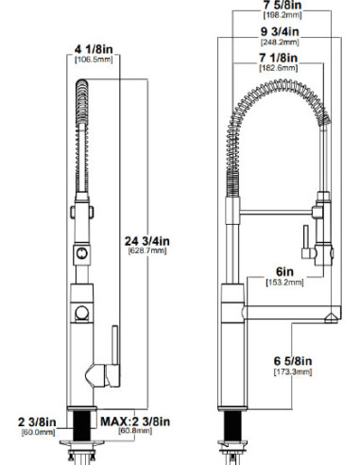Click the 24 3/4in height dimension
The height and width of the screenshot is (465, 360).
point(147,241)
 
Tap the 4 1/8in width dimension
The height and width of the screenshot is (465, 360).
point(94,49)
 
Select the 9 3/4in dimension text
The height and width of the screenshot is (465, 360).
point(280,31)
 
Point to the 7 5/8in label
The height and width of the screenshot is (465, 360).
point(283,5)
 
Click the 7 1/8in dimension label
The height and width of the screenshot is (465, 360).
point(279,58)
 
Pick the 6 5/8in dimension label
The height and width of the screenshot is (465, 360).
point(293,361)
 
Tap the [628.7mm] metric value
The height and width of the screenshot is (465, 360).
point(147,250)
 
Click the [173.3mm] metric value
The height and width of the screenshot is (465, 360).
point(293,371)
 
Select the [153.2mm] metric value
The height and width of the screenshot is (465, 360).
point(285,283)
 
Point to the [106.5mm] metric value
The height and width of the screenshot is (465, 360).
point(94,60)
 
